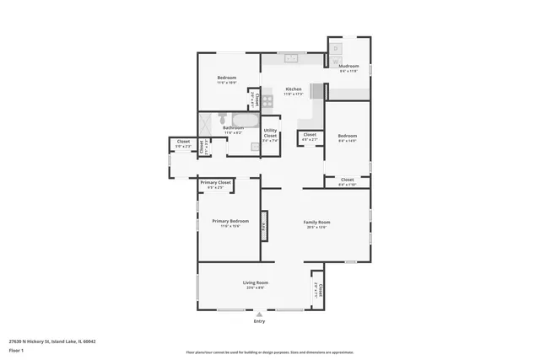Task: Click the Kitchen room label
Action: (294, 89)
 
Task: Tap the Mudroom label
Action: (349, 67)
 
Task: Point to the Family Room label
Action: (316, 222)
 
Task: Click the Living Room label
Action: (256, 282)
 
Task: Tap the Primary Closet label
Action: (215, 182)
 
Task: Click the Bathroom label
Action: (234, 128)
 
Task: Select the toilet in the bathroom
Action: (223, 117)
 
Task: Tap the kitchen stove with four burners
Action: (267, 101)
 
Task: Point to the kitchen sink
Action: (292, 57)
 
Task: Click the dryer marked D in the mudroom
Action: (336, 50)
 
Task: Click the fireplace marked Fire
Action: (263, 226)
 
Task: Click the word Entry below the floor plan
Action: (259, 321)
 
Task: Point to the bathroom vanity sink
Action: (255, 146)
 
